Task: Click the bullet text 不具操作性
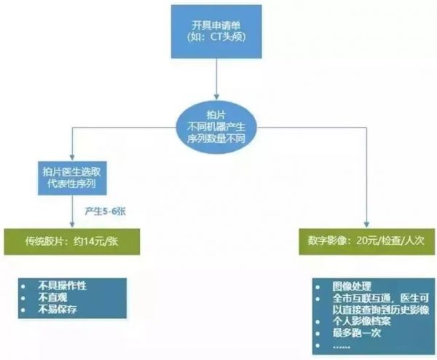pyautogui.click(x=63, y=286)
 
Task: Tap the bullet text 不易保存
pyautogui.click(x=58, y=309)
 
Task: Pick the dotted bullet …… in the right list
pyautogui.click(x=342, y=345)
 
